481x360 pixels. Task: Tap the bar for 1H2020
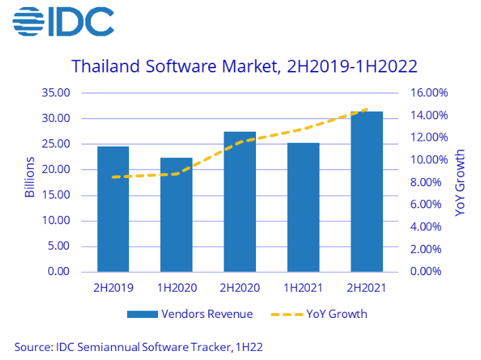point(177,214)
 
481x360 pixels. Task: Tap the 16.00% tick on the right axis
point(429,93)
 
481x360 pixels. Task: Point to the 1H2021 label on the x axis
point(304,286)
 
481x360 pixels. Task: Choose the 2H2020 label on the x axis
point(240,286)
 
